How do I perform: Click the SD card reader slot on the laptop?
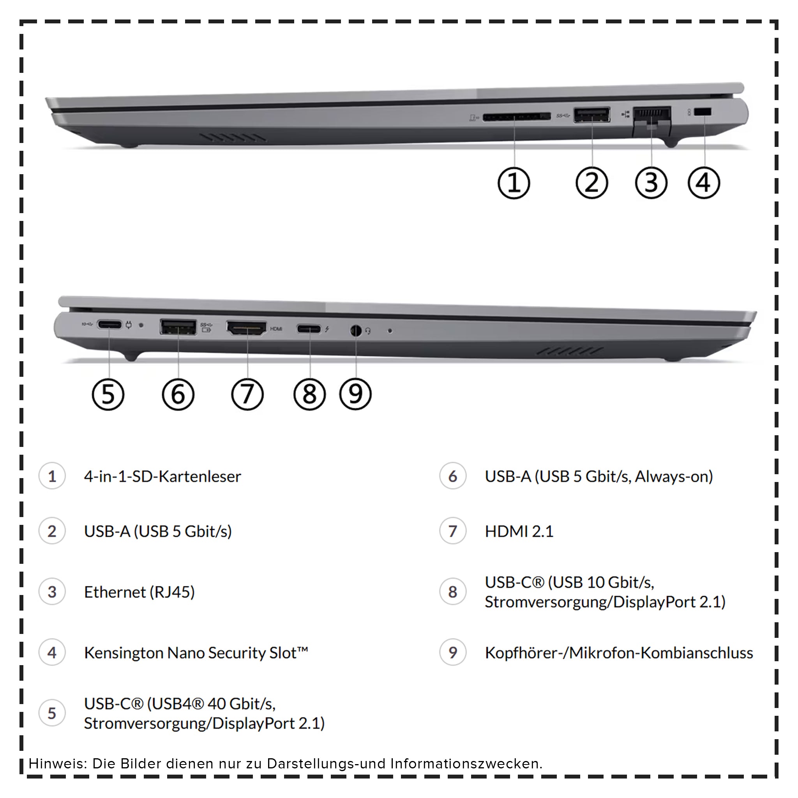[x=516, y=117]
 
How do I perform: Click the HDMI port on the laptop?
[x=246, y=328]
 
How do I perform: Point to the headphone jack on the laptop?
[x=356, y=331]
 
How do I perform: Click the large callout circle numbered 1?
[x=514, y=183]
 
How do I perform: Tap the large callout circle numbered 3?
[x=651, y=183]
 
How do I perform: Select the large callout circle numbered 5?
[x=108, y=394]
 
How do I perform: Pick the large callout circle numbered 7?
[x=247, y=394]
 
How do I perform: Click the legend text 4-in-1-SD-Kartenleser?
[x=162, y=476]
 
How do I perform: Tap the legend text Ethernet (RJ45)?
[x=139, y=592]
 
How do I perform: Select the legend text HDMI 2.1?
[x=519, y=531]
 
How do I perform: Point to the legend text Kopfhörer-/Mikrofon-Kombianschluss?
[x=618, y=653]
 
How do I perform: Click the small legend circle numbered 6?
[x=453, y=476]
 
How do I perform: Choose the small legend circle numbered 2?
[x=52, y=531]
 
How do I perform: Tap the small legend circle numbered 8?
[x=453, y=592]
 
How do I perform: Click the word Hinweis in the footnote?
[x=57, y=763]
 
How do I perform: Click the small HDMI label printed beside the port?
[x=276, y=329]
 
